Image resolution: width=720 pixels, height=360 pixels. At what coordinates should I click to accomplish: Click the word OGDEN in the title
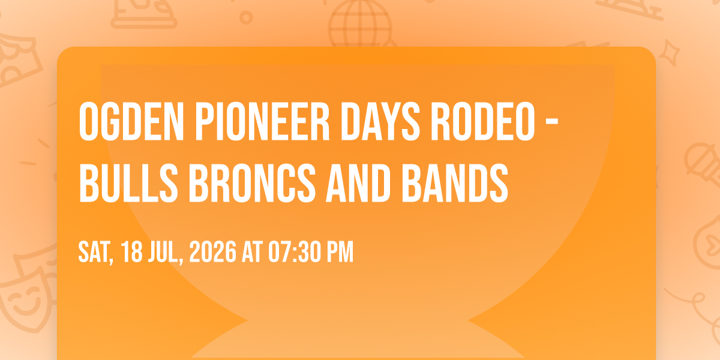pyautogui.click(x=131, y=121)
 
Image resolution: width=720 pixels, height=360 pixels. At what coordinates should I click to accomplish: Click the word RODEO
pyautogui.click(x=483, y=121)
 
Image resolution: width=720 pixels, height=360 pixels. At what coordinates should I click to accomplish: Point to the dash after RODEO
pyautogui.click(x=552, y=123)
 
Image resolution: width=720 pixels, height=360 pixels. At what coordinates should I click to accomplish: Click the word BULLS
pyautogui.click(x=128, y=183)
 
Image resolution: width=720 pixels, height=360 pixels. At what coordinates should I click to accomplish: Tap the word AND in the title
pyautogui.click(x=358, y=183)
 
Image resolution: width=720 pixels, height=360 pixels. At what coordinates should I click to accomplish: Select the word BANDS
pyautogui.click(x=455, y=183)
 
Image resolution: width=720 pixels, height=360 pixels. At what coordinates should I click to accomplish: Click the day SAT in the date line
pyautogui.click(x=95, y=253)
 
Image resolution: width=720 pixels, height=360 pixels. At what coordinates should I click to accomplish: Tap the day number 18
pyautogui.click(x=132, y=251)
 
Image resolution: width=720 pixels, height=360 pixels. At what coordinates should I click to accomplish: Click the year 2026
pyautogui.click(x=212, y=251)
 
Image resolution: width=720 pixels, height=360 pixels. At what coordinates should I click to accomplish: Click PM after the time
pyautogui.click(x=340, y=251)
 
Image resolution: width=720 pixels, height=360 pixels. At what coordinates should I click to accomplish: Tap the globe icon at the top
pyautogui.click(x=360, y=23)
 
